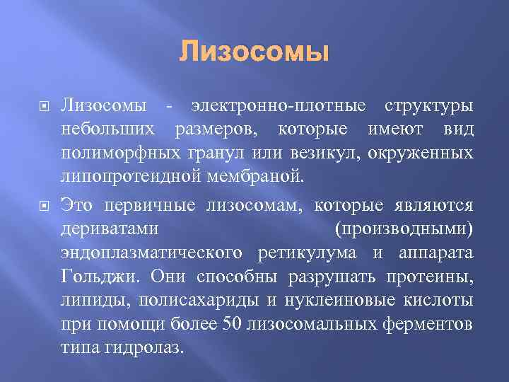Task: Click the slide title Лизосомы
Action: (255, 52)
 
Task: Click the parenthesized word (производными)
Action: (404, 229)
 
